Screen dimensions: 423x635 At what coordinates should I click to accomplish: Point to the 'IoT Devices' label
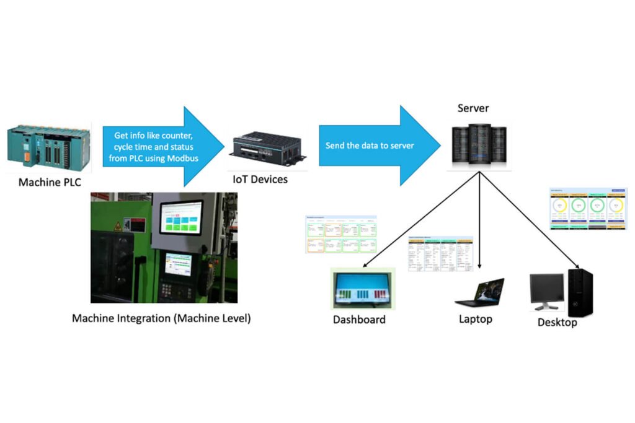(260, 180)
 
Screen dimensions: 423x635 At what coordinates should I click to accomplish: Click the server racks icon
(479, 146)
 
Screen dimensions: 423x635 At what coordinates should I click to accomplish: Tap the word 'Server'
(473, 108)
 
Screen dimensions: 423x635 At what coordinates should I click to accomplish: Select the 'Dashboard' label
(359, 320)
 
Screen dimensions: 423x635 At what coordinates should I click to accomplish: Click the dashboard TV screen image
(362, 287)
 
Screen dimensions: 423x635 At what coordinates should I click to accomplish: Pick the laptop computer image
(481, 292)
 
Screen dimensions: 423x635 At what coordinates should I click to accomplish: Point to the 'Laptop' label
(476, 320)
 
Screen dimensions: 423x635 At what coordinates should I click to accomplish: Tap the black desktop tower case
(580, 293)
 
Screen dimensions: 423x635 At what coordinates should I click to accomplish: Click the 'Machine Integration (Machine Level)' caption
(161, 319)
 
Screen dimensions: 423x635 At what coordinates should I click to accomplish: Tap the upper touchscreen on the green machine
(181, 217)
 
